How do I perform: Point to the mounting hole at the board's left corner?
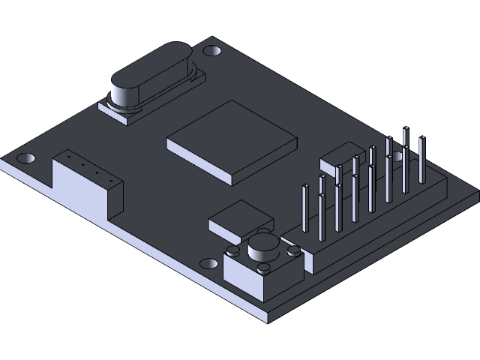pyautogui.click(x=25, y=159)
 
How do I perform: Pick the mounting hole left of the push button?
pyautogui.click(x=205, y=263)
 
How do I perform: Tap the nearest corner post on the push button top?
pyautogui.click(x=264, y=268)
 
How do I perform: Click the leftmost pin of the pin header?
pyautogui.click(x=305, y=208)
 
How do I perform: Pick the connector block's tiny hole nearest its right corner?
pyautogui.click(x=111, y=181)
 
